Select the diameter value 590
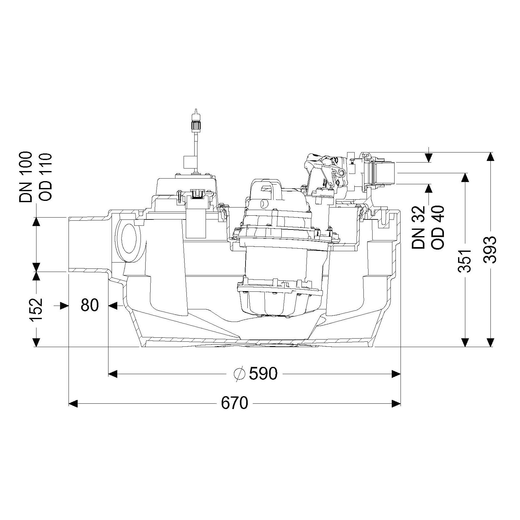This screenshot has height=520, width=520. [263, 373]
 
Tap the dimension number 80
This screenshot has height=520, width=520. [90, 305]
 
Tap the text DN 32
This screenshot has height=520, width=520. [418, 227]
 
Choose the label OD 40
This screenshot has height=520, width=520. [438, 227]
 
